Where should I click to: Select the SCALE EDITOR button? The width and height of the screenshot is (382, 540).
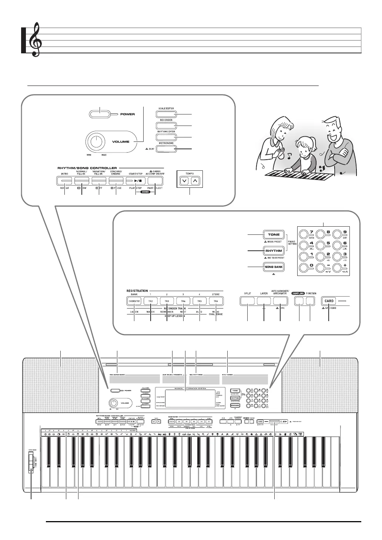pyautogui.click(x=166, y=114)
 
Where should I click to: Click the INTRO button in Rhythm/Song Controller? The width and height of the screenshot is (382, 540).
pyautogui.click(x=65, y=181)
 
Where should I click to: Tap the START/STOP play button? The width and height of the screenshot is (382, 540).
pyautogui.click(x=136, y=181)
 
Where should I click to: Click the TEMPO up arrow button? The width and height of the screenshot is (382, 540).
pyautogui.click(x=196, y=181)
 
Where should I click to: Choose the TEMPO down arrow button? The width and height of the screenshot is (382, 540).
pyautogui.click(x=184, y=181)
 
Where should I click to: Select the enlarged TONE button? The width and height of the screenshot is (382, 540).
pyautogui.click(x=274, y=235)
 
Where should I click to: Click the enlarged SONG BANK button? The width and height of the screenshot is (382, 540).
pyautogui.click(x=274, y=267)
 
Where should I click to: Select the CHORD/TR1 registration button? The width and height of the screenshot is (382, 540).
pyautogui.click(x=134, y=301)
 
